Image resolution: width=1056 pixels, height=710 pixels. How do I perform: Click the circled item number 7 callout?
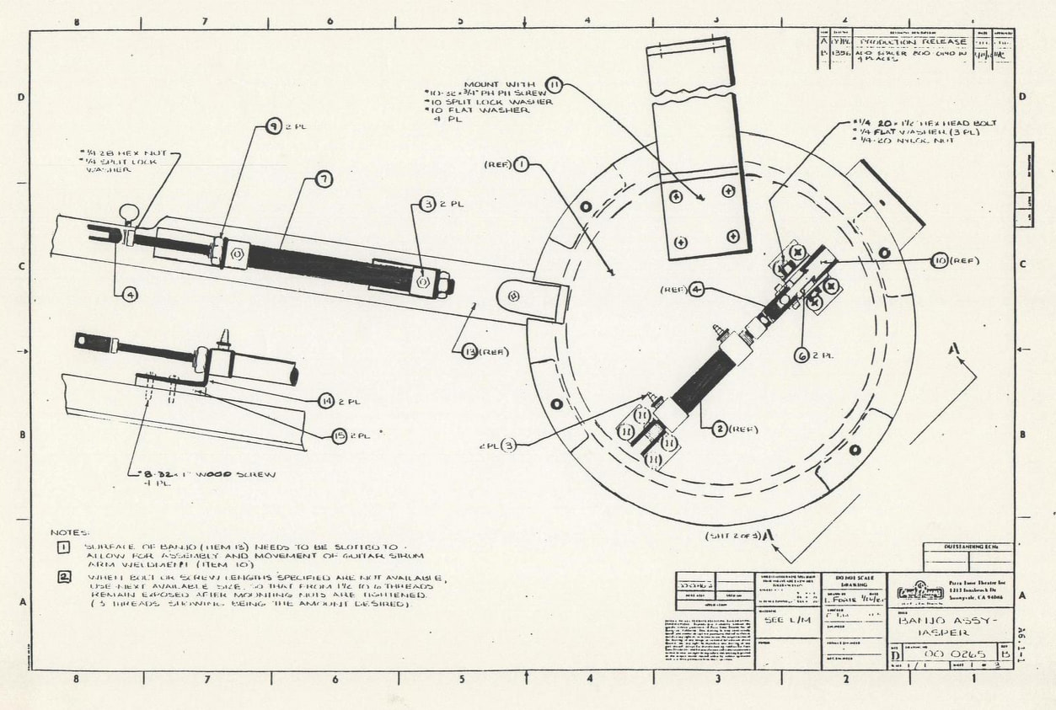[324, 179]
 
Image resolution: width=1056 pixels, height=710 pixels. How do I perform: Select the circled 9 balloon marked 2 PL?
[273, 126]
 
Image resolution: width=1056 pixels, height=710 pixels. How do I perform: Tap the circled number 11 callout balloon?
[554, 84]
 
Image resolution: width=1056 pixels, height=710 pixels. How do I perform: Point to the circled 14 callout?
[326, 401]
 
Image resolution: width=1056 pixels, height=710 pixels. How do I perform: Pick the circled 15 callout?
[338, 435]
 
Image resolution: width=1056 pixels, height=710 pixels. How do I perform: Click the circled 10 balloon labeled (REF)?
[940, 260]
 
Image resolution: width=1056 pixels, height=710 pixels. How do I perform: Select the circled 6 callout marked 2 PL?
[802, 355]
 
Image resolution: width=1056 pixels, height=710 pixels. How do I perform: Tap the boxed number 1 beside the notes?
[63, 548]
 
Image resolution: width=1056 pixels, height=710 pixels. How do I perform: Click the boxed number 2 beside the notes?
[64, 577]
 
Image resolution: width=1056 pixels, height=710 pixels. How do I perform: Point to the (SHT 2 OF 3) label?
[734, 536]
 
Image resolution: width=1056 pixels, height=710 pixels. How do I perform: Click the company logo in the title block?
[920, 591]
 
